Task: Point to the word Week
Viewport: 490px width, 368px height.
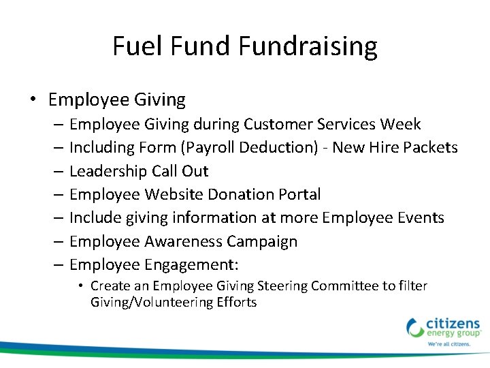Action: click(x=401, y=124)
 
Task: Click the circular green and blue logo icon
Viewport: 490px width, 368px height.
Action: click(x=415, y=327)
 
